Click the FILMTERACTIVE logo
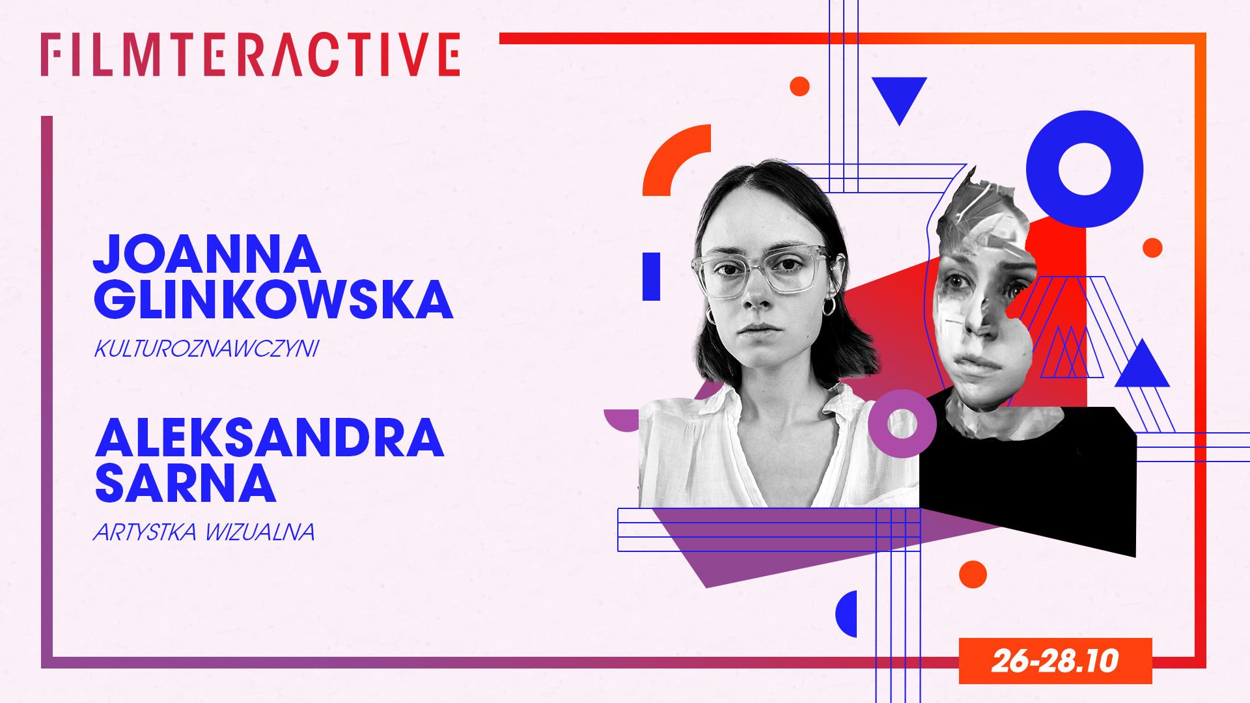pos(251,55)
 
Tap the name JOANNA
pos(207,254)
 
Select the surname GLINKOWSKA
pos(273,299)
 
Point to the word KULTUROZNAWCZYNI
pos(206,349)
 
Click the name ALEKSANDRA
pos(270,437)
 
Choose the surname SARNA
pos(186,483)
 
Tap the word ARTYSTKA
pos(145,532)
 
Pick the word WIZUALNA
pos(260,532)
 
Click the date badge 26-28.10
pos(1055,661)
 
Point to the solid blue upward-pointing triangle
pos(1142,368)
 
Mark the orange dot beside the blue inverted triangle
pos(799,87)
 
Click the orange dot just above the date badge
pos(973,575)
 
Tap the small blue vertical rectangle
pos(652,277)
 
